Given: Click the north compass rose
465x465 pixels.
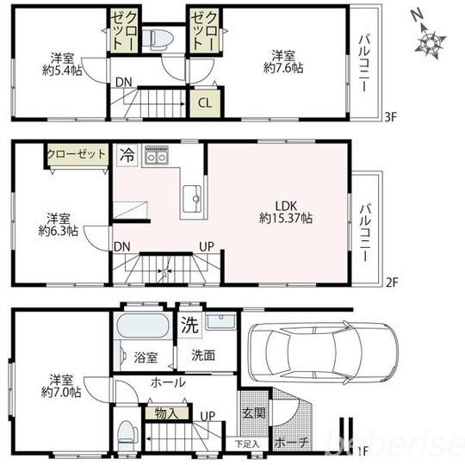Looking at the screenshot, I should coord(431,39).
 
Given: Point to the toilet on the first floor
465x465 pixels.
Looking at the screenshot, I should coord(126,431).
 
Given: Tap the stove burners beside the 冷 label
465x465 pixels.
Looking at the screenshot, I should coord(157,156).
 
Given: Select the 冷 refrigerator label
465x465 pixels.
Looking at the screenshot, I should coord(127,156).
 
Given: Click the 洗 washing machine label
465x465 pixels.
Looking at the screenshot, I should coord(189,325).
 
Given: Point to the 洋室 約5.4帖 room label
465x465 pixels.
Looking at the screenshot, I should coord(60,65).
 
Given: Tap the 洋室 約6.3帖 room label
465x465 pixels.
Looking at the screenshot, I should coord(59,224).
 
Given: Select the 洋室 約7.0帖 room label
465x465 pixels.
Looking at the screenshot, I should coord(60,385).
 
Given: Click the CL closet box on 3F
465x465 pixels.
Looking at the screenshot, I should coord(204,102).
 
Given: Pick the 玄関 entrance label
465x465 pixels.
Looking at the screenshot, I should coord(253,412).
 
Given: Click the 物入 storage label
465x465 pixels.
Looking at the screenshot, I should coord(166,413).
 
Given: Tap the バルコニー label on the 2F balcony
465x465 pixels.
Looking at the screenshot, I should coord(365,220).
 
